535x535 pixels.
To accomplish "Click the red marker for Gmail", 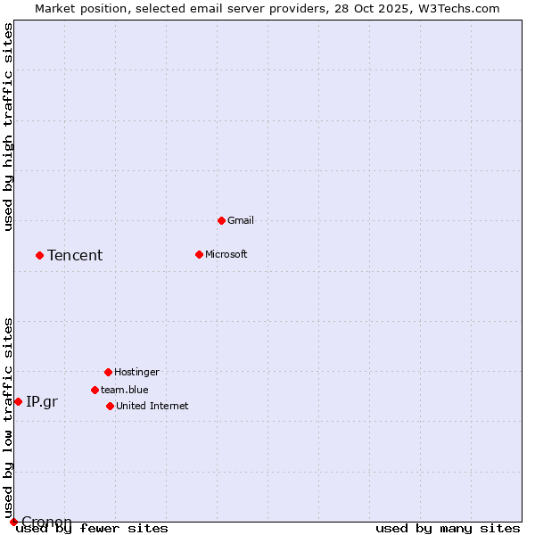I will coord(221,220).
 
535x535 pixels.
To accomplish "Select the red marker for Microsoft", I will coord(199,254).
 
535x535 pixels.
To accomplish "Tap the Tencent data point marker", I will coord(39,255).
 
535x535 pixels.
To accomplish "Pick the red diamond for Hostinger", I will coord(108,372).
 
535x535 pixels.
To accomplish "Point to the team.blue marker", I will coord(95,390).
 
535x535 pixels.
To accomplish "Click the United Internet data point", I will coord(110,406).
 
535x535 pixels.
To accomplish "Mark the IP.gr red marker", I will coord(18,401).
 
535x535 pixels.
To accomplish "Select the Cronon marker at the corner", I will coord(13,522).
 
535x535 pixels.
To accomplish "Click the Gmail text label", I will coord(241,220).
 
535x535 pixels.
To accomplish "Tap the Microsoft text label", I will coord(226,254).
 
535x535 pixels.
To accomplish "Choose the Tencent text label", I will coord(75,256).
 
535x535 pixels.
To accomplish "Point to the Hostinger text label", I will coord(136,372).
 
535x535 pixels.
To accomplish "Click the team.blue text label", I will coord(125,390).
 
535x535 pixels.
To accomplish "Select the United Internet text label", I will coord(152,406).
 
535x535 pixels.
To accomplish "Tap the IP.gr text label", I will coord(42,402).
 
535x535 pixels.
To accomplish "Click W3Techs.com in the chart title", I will coord(461,8).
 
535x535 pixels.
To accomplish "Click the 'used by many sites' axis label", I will coord(448,529).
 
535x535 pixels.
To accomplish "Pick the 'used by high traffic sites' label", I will coord(8,127).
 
